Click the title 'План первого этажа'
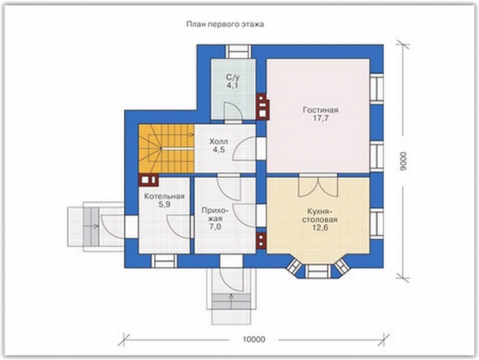(x=225, y=24)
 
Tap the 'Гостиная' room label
(x=320, y=110)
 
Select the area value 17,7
(x=320, y=119)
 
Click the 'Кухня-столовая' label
(x=320, y=216)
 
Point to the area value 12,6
(x=320, y=228)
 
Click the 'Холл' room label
(x=218, y=141)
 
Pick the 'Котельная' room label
(x=165, y=197)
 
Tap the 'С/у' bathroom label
(x=233, y=77)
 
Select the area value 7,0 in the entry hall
(x=215, y=227)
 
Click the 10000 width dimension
(x=254, y=340)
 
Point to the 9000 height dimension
(x=403, y=160)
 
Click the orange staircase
(x=166, y=148)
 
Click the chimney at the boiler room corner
(x=149, y=180)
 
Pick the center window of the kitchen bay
(x=318, y=272)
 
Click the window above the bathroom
(x=238, y=51)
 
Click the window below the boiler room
(x=164, y=262)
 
